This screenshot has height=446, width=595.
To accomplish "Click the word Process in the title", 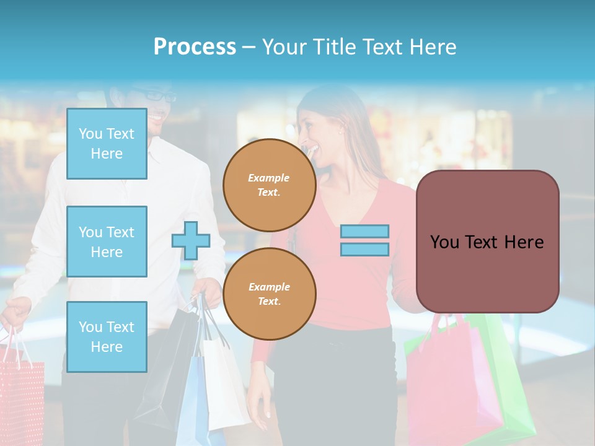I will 195,46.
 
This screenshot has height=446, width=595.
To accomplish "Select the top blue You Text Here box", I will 107,144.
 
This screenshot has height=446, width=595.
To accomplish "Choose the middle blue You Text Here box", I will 107,242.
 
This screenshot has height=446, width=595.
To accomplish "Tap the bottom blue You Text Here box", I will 107,337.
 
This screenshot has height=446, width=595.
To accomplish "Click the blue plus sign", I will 190,240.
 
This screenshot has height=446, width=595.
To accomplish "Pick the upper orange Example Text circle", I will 270,185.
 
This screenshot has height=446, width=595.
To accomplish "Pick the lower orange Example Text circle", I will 270,294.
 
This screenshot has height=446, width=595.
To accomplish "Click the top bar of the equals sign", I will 364,231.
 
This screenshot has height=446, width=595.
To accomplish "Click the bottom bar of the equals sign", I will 364,250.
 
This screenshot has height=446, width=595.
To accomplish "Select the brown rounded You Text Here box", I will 487,242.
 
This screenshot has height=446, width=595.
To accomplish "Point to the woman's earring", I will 340,131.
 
